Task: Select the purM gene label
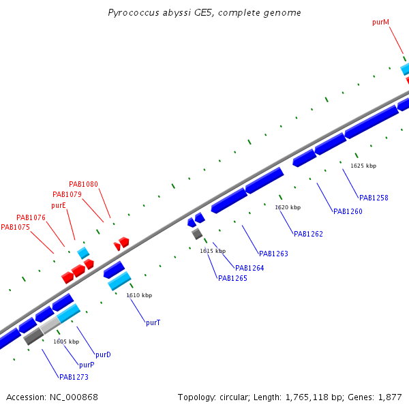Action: coord(380,22)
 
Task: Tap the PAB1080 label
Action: coord(83,184)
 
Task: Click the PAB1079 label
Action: coord(67,194)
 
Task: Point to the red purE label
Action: coord(58,205)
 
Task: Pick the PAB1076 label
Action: coord(31,217)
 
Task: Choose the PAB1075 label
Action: coord(15,228)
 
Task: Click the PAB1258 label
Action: coord(374,198)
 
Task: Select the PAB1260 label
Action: coord(348,211)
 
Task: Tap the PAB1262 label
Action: coord(308,234)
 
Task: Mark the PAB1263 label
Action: coord(273,254)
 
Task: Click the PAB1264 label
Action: coord(249,268)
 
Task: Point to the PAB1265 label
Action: coord(232,278)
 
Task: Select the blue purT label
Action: coord(153,322)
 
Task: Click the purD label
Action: coord(103,354)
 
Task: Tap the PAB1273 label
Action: coord(74,377)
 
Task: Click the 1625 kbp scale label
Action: coord(363,166)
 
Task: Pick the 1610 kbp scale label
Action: coord(139,295)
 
